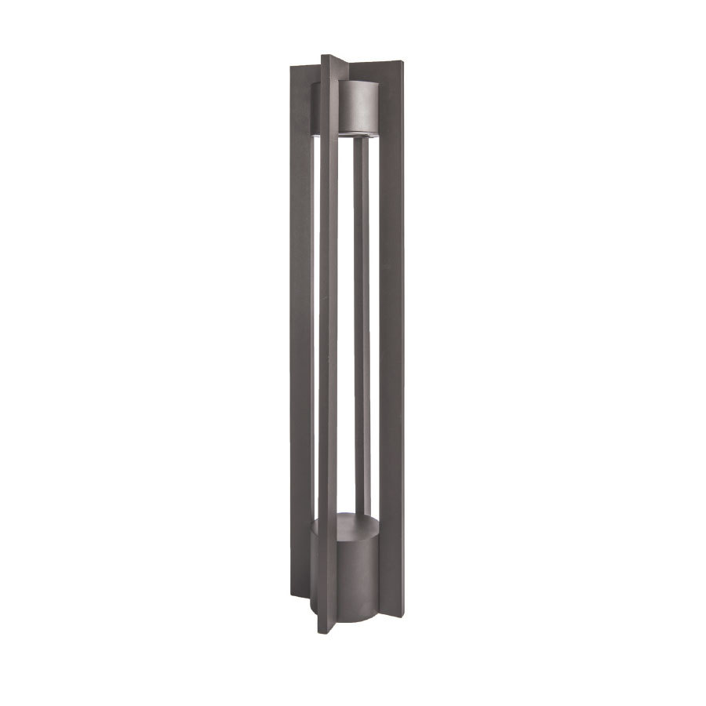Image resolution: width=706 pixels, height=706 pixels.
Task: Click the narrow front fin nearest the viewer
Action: coord(329,353)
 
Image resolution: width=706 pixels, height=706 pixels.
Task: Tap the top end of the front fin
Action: coord(329,57)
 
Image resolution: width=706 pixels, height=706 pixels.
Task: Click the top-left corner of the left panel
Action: coord(291,67)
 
